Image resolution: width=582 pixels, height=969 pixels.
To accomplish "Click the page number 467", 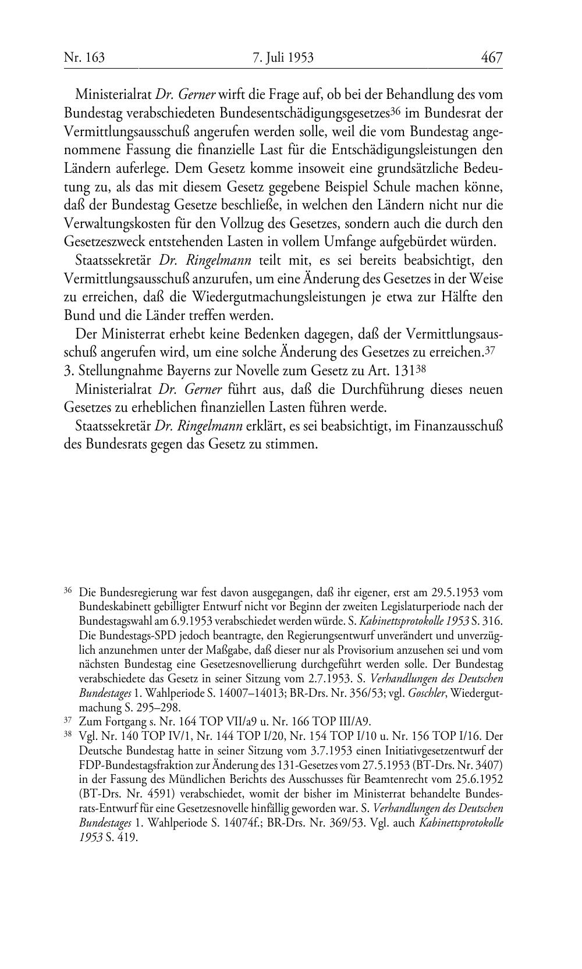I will coord(491,57).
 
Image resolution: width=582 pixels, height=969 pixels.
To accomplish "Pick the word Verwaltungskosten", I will coord(114,223).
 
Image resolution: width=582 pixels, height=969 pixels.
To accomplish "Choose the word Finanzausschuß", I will coord(458,426).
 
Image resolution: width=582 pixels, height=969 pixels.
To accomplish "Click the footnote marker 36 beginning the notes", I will coord(68,591).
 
